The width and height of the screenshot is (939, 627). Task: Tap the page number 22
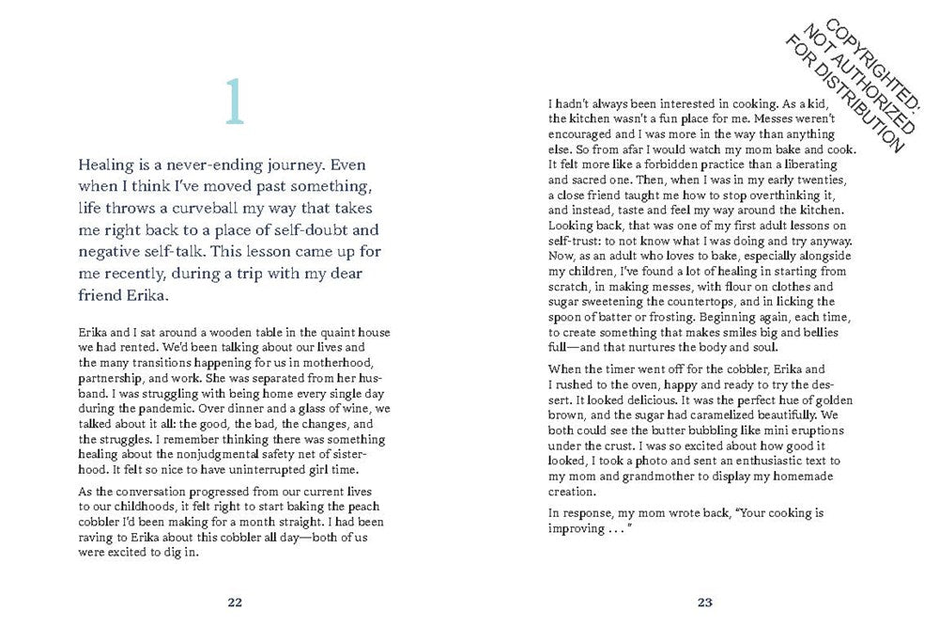click(235, 602)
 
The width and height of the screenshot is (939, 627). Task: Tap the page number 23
click(706, 602)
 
